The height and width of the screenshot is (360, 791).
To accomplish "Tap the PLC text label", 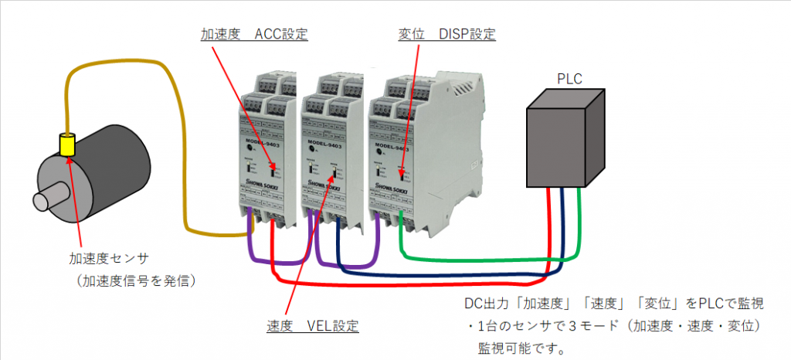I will (x=569, y=78).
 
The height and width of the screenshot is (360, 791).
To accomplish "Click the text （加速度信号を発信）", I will (x=131, y=280).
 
